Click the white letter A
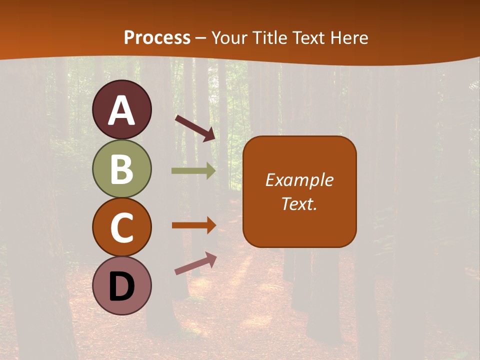(x=121, y=111)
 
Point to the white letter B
(x=121, y=169)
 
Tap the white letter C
(x=121, y=228)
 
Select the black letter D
(x=121, y=287)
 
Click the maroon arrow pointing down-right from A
(x=195, y=128)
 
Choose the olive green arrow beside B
(x=193, y=171)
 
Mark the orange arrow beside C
(x=193, y=225)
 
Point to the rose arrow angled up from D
(x=195, y=263)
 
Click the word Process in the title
(x=157, y=38)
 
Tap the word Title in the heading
(x=270, y=38)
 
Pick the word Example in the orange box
(x=299, y=180)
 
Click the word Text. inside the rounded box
(x=299, y=203)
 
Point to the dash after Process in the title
(x=201, y=38)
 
